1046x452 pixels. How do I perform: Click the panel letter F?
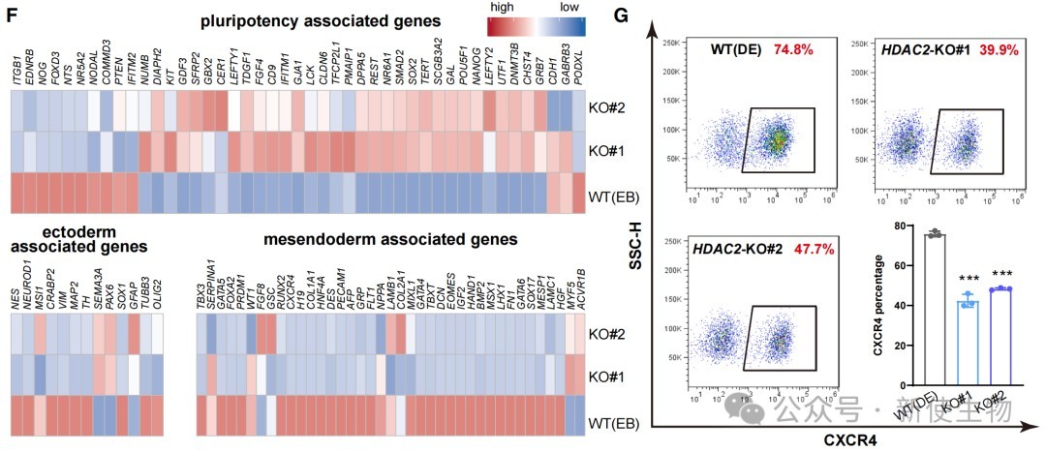click(9, 15)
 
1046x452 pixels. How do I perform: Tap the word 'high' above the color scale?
click(502, 8)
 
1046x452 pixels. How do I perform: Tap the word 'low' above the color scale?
click(569, 8)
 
